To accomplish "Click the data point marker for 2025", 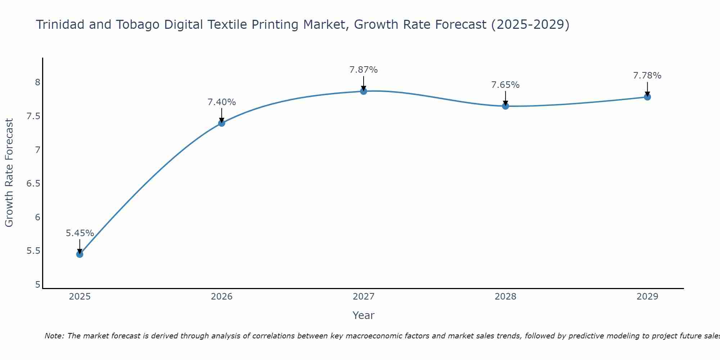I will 80,254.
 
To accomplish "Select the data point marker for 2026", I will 221,123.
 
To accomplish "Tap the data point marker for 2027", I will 363,91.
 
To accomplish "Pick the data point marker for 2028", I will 505,106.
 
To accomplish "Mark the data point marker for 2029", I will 647,97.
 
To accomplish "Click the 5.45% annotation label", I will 80,233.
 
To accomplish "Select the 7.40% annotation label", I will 221,102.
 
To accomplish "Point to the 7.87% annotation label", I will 363,70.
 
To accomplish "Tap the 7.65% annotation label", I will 505,85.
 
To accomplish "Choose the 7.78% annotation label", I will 647,76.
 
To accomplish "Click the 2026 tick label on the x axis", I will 221,297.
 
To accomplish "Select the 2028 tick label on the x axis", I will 505,297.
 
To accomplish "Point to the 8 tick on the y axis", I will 37,82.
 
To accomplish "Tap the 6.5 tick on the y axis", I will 33,184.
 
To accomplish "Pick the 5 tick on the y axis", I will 37,285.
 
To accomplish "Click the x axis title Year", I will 363,315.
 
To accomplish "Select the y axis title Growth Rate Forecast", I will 9,173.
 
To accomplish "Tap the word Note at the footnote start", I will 54,336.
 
